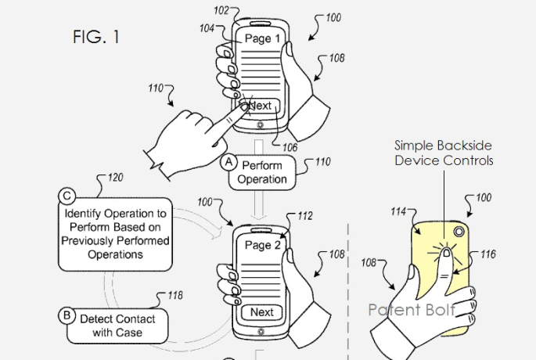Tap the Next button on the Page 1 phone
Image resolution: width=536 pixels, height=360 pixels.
[261, 106]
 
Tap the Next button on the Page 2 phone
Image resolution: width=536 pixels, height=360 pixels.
[261, 312]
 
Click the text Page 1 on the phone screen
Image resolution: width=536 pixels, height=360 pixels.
[262, 38]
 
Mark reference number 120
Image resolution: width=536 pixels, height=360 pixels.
[114, 178]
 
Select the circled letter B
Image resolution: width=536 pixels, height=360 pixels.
[67, 317]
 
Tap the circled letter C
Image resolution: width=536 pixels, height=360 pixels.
[67, 196]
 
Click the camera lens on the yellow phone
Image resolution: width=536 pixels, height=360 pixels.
[457, 232]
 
